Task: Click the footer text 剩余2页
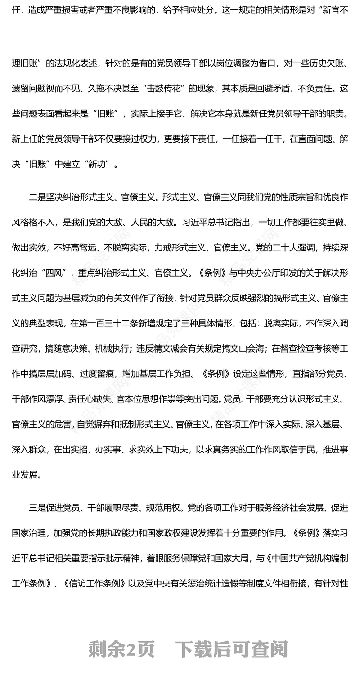(121, 650)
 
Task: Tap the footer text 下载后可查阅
(231, 650)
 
